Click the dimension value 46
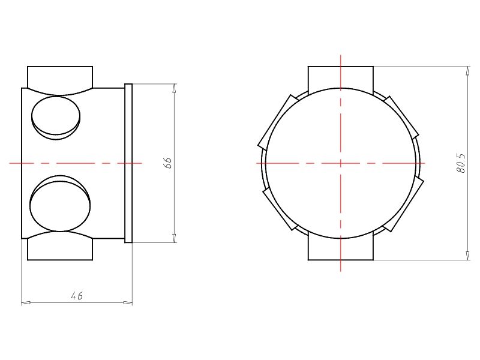tap(76, 296)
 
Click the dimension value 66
tap(169, 163)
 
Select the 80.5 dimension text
tap(461, 163)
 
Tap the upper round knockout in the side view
tap(55, 117)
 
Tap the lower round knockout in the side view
tap(60, 205)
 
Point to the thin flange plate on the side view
tap(128, 163)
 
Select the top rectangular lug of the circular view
tap(340, 76)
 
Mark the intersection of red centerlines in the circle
tap(341, 163)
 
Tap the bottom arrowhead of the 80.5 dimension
tap(468, 256)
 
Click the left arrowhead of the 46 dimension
tap(25, 302)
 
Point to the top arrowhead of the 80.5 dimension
tap(468, 71)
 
